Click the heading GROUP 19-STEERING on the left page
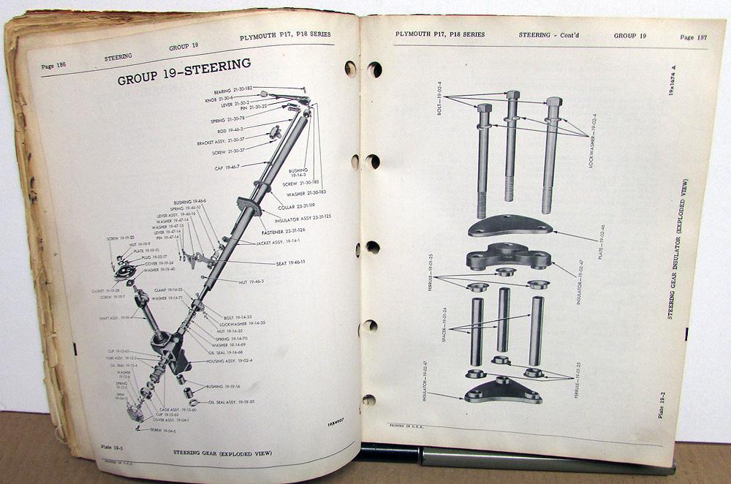(x=183, y=77)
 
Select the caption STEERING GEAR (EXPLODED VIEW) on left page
(x=222, y=453)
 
